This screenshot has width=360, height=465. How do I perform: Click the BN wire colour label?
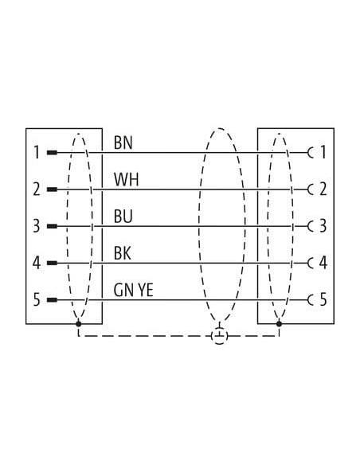point(123,143)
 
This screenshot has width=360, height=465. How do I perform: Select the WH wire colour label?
point(126,179)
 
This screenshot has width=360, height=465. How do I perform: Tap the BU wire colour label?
point(123,217)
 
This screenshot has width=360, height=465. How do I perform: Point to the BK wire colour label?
point(122,253)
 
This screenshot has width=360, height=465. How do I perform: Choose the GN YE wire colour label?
point(133,290)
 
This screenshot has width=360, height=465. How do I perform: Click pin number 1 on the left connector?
point(37,152)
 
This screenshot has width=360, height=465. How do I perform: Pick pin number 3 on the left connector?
point(36,226)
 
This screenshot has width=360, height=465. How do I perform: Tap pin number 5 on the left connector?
point(36,299)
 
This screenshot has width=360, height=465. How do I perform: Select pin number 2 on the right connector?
point(323,189)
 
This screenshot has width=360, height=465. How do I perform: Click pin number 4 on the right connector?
point(323,263)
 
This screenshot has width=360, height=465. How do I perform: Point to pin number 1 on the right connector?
point(323,152)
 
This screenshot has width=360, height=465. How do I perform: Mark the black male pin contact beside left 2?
point(52,190)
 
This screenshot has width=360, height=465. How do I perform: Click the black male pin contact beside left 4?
point(52,263)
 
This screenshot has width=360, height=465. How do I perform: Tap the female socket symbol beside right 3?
point(309,226)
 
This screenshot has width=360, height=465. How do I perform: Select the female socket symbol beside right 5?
point(309,300)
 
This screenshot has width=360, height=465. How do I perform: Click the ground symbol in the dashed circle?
point(219,336)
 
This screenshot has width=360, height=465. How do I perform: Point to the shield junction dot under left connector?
point(79,323)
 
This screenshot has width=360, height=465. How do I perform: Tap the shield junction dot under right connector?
point(279,323)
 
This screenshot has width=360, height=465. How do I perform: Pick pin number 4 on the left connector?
point(37,263)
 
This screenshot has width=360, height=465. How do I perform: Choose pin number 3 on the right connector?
point(323,226)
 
